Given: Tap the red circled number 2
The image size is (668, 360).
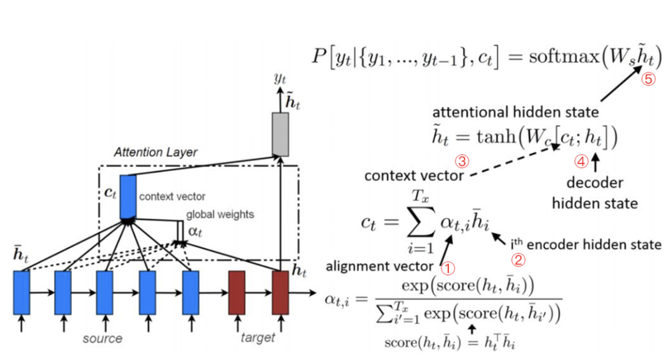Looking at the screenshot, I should [x=518, y=260].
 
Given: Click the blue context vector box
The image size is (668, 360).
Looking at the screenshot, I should [x=128, y=196].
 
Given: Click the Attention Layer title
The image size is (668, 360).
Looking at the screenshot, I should [x=156, y=153].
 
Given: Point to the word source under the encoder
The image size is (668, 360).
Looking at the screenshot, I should [x=102, y=338].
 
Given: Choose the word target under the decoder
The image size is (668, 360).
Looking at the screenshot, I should [x=258, y=338].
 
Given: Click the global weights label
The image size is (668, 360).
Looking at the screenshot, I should [x=220, y=214].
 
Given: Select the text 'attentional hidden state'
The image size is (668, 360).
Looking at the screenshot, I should [x=516, y=113].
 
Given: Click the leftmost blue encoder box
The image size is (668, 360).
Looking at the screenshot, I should [x=22, y=293].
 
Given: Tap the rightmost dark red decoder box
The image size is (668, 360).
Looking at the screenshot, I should [x=280, y=293].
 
